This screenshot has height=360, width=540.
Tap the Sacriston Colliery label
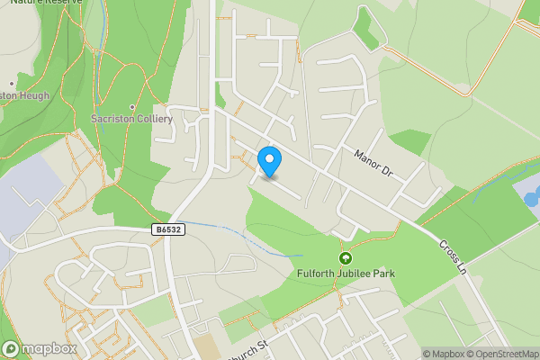(132, 118)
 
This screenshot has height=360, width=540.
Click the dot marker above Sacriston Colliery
(132, 107)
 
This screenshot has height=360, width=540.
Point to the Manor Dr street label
(375, 161)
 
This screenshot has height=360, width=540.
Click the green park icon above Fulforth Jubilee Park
(344, 258)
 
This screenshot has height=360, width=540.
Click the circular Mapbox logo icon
(12, 348)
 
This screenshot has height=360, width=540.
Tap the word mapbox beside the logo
(49, 348)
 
